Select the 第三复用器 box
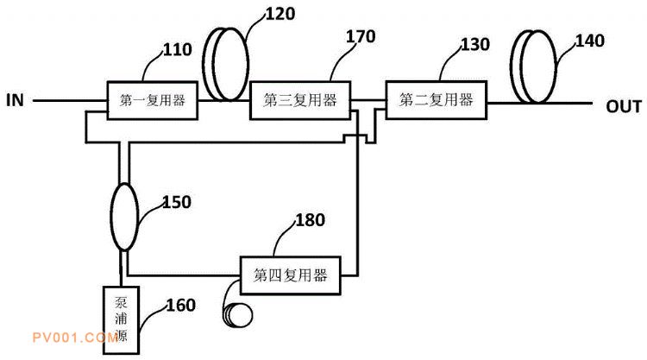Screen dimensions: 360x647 300,101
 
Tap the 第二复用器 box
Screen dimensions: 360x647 435,100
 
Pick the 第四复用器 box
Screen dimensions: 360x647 290,276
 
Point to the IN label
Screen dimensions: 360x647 16,100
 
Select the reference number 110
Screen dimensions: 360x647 177,50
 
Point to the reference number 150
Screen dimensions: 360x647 176,202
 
